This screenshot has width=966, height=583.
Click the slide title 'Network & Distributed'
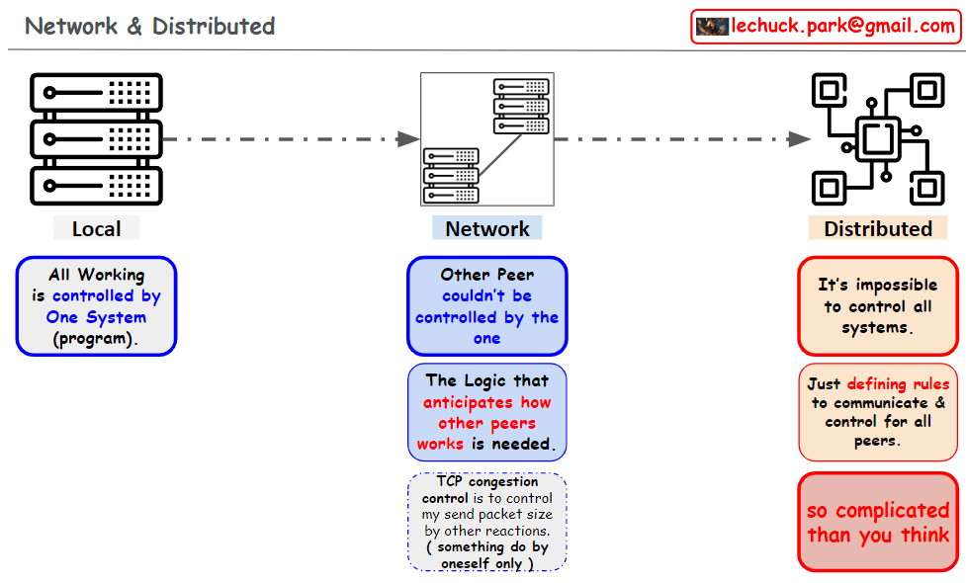(150, 26)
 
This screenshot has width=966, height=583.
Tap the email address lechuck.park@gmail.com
(842, 27)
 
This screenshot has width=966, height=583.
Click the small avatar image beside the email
(712, 27)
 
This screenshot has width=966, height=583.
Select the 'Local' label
(96, 229)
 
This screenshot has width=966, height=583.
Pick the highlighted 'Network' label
(486, 229)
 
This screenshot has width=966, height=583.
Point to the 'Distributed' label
(878, 229)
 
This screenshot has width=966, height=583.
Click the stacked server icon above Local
(96, 138)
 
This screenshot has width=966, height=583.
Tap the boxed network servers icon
(486, 138)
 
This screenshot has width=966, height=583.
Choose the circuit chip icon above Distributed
(878, 138)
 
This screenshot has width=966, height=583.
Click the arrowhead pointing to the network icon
(408, 138)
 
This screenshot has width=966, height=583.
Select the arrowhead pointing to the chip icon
(800, 138)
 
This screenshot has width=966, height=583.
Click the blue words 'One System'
(96, 317)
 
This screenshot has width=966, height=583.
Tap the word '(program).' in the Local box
(96, 338)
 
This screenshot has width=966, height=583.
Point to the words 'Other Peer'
(486, 275)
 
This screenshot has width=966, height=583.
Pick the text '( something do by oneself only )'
(486, 555)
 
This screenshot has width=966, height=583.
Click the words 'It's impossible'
(878, 285)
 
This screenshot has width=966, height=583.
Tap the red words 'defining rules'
(898, 383)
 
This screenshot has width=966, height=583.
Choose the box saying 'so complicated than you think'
(878, 523)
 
